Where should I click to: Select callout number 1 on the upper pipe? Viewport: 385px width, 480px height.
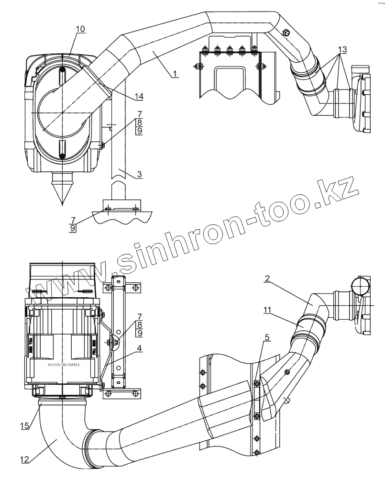click(175, 73)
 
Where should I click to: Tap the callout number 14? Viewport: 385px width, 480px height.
click(139, 96)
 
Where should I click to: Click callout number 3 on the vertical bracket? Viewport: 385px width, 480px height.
click(139, 175)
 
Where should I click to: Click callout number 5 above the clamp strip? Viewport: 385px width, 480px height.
click(267, 337)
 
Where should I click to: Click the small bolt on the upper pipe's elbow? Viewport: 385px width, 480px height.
click(286, 33)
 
